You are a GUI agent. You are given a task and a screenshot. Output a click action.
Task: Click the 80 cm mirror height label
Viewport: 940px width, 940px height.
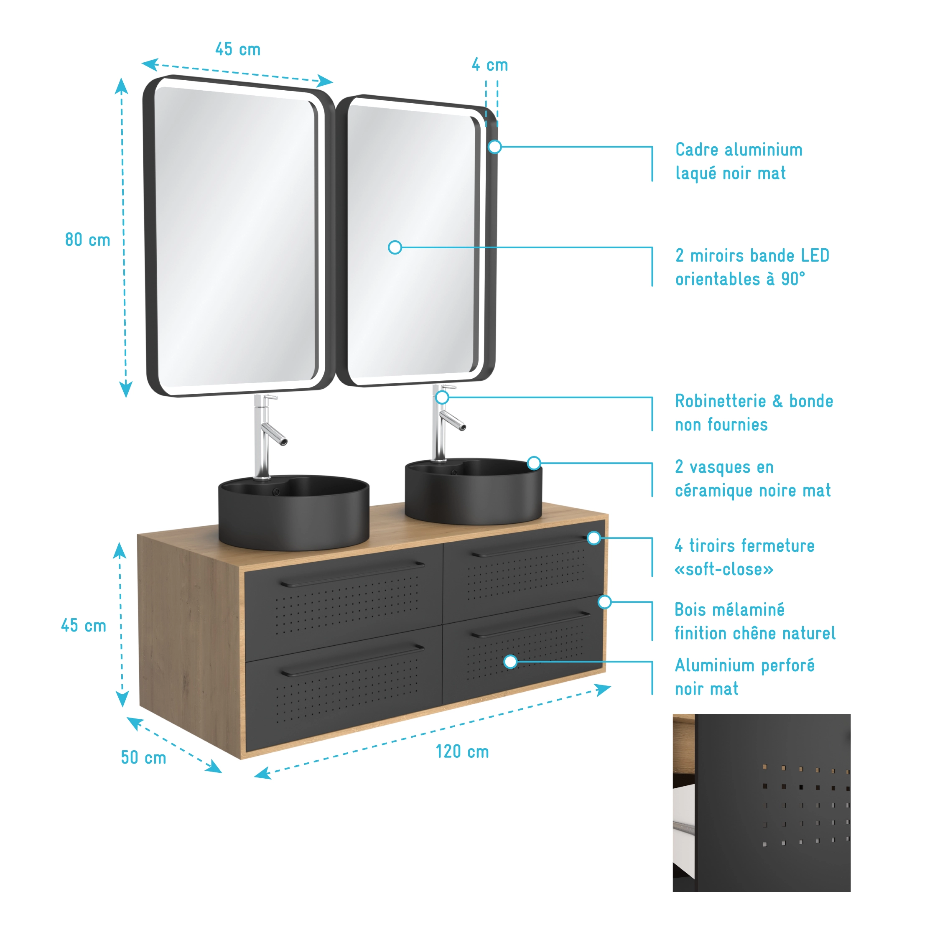point(88,240)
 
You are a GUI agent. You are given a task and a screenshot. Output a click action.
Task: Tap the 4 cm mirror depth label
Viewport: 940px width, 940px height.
point(489,65)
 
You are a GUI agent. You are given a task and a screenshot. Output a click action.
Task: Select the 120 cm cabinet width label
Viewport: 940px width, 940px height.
point(462,752)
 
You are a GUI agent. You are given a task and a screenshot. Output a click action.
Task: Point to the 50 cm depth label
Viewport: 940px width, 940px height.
point(143,757)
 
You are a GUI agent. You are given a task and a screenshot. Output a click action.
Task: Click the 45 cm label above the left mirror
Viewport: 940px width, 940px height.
point(238,49)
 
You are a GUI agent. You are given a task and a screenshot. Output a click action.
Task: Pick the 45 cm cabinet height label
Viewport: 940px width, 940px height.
point(84,626)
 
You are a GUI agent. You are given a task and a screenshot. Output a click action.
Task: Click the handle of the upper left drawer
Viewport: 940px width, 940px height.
point(352,574)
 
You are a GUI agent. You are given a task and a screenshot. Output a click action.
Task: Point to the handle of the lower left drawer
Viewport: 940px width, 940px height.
point(352,660)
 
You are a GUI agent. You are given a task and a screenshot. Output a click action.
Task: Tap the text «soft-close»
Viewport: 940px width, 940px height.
point(723,569)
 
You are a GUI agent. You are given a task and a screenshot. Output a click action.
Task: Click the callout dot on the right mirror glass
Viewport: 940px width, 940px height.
point(395,248)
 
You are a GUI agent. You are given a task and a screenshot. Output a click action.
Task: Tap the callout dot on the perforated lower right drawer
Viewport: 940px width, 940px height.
point(510,662)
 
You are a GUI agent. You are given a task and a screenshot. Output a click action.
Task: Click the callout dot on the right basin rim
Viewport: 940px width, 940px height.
point(534,463)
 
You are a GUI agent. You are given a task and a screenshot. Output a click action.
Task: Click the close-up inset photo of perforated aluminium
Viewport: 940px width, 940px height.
point(762,803)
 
